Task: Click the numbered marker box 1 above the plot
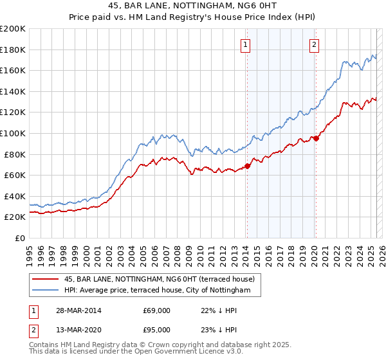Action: [x=246, y=45]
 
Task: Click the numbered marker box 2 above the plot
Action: [x=314, y=45]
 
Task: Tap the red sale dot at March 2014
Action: [x=247, y=166]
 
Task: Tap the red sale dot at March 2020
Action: [x=316, y=138]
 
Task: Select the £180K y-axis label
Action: [x=13, y=50]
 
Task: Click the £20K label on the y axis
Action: [x=15, y=217]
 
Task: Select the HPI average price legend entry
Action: [x=161, y=291]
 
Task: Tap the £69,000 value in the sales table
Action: [x=156, y=310]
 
